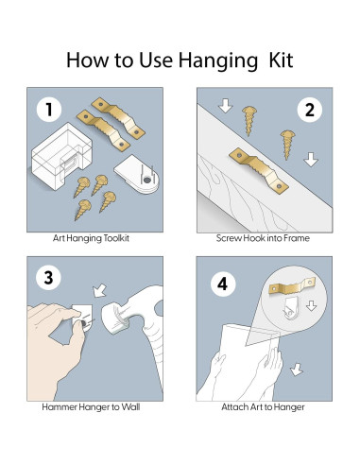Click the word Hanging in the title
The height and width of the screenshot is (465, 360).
click(x=218, y=60)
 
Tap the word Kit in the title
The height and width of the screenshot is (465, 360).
click(x=281, y=60)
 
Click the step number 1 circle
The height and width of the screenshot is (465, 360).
click(x=49, y=110)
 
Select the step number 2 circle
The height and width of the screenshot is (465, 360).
click(x=310, y=110)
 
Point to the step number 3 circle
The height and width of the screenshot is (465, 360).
click(x=48, y=278)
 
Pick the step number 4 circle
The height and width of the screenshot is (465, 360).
click(x=223, y=284)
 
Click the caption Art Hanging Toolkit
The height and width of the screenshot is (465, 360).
click(x=91, y=238)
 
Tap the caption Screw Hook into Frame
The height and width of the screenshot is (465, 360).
click(x=263, y=238)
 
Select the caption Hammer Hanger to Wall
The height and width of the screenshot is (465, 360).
click(x=91, y=407)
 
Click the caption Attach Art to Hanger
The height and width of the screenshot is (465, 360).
click(x=263, y=407)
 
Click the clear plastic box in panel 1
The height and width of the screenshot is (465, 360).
click(x=61, y=156)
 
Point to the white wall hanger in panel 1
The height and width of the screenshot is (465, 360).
click(x=137, y=174)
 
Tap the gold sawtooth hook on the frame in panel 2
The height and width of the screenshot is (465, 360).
click(x=259, y=171)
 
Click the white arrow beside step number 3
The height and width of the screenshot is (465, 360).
click(x=100, y=290)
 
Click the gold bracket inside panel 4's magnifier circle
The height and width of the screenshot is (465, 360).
click(x=292, y=285)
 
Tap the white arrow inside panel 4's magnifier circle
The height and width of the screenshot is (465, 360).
click(x=311, y=305)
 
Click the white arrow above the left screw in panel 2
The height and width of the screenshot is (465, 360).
click(x=226, y=105)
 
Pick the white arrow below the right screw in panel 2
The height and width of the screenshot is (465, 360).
click(x=311, y=160)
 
